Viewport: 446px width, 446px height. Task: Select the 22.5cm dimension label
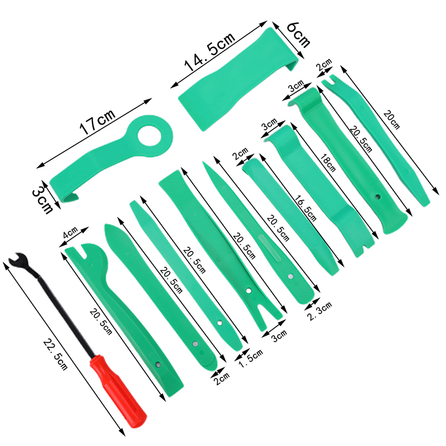[x=55, y=355]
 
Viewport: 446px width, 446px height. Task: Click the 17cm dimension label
[x=97, y=121]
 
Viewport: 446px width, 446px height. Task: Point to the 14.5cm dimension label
[x=210, y=52]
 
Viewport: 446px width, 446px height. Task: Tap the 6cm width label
[x=298, y=35]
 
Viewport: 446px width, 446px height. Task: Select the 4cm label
[x=70, y=232]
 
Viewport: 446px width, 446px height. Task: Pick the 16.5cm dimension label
[x=305, y=208]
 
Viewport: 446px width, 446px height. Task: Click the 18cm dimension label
[x=328, y=163]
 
